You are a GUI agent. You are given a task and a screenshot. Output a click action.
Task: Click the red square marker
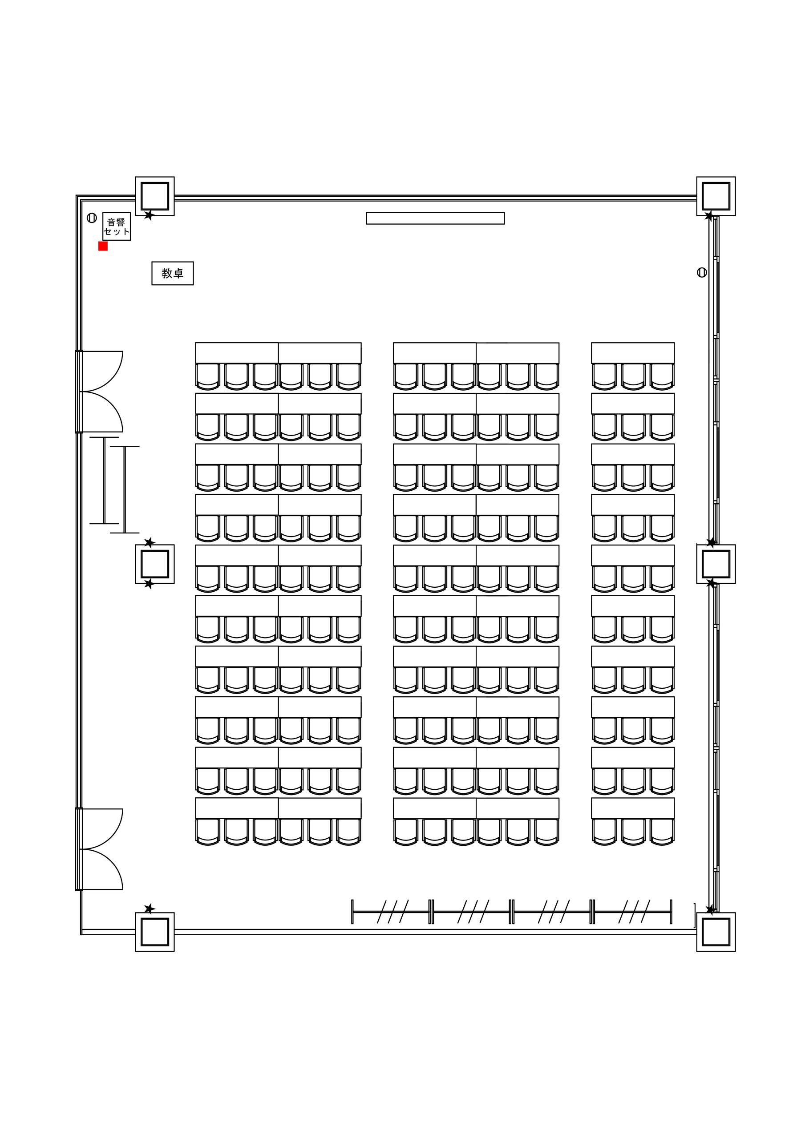103,246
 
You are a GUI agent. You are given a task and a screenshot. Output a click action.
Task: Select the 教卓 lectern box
173,273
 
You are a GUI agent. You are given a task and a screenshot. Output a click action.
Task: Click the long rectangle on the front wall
435,218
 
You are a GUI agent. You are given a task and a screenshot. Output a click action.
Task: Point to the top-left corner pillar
155,196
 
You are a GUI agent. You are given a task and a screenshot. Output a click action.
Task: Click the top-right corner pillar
716,196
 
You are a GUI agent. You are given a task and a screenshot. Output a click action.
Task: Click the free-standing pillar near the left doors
155,564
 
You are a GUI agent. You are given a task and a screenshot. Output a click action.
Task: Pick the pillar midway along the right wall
716,564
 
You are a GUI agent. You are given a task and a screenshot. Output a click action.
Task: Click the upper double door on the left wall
99,392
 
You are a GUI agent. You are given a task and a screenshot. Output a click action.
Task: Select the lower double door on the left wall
99,849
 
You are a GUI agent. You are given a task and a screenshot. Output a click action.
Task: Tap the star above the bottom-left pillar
150,909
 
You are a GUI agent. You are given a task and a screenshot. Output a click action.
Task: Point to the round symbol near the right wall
702,272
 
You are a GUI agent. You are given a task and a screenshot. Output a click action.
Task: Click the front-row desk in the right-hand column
633,353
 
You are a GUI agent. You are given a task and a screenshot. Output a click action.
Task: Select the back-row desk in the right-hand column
633,808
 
